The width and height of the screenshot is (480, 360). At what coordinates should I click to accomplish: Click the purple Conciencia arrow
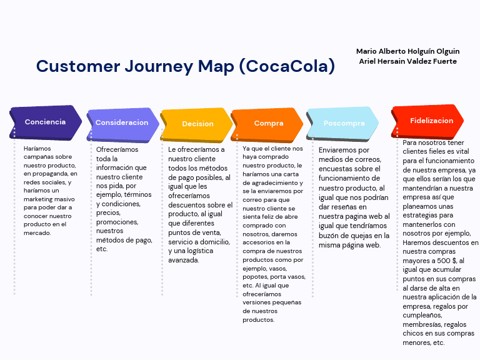[x=46, y=122]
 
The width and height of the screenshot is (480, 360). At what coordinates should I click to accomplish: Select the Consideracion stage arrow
[x=121, y=123]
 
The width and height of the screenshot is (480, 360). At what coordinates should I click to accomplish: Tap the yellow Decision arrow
[x=197, y=124]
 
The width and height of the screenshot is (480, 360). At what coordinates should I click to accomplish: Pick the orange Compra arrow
[x=268, y=124]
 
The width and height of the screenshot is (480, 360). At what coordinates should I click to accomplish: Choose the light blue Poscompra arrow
[x=343, y=124]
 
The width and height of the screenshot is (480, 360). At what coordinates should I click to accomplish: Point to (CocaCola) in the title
[x=287, y=66]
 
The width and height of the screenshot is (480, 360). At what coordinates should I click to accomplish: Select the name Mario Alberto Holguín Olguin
[x=407, y=51]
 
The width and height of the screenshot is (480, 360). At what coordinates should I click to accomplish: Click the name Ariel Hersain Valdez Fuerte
[x=407, y=61]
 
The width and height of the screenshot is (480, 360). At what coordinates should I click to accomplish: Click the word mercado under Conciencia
[x=37, y=233]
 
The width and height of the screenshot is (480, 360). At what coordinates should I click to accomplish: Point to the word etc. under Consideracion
[x=102, y=249]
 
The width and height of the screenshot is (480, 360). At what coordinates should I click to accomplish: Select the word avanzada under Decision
[x=184, y=260]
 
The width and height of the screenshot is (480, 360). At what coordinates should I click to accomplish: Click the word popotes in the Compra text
[x=256, y=276]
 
